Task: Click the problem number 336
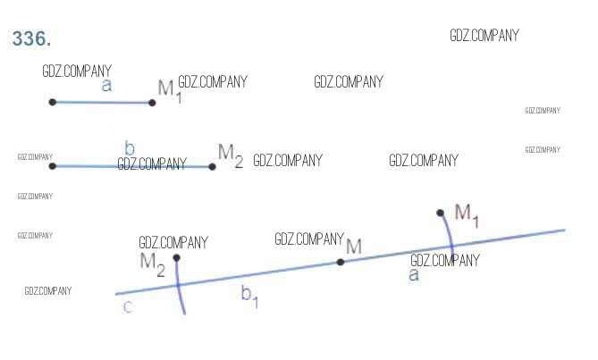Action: click(31, 38)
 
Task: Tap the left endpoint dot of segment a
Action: click(53, 102)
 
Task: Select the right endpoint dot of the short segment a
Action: click(152, 103)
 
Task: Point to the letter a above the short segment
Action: click(106, 86)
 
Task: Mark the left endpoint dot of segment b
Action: click(53, 165)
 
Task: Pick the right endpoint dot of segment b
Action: click(212, 166)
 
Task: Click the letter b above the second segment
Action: click(130, 148)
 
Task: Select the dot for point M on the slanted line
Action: click(341, 262)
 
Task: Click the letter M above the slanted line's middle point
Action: click(354, 247)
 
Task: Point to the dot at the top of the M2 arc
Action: click(176, 258)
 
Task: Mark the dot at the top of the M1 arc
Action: click(440, 213)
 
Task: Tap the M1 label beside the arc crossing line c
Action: click(467, 214)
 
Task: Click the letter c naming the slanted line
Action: click(128, 307)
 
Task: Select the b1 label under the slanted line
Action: click(249, 297)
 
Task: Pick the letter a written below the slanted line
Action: click(413, 275)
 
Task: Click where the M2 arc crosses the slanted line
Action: click(178, 285)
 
